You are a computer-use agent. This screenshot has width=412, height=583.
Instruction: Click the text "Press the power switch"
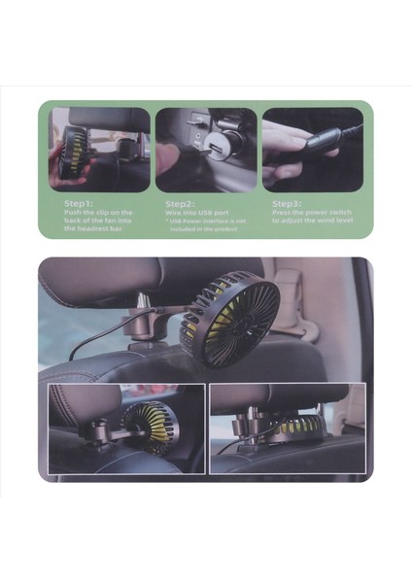point(310,211)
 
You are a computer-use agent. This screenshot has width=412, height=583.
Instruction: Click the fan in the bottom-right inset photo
point(296,424)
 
